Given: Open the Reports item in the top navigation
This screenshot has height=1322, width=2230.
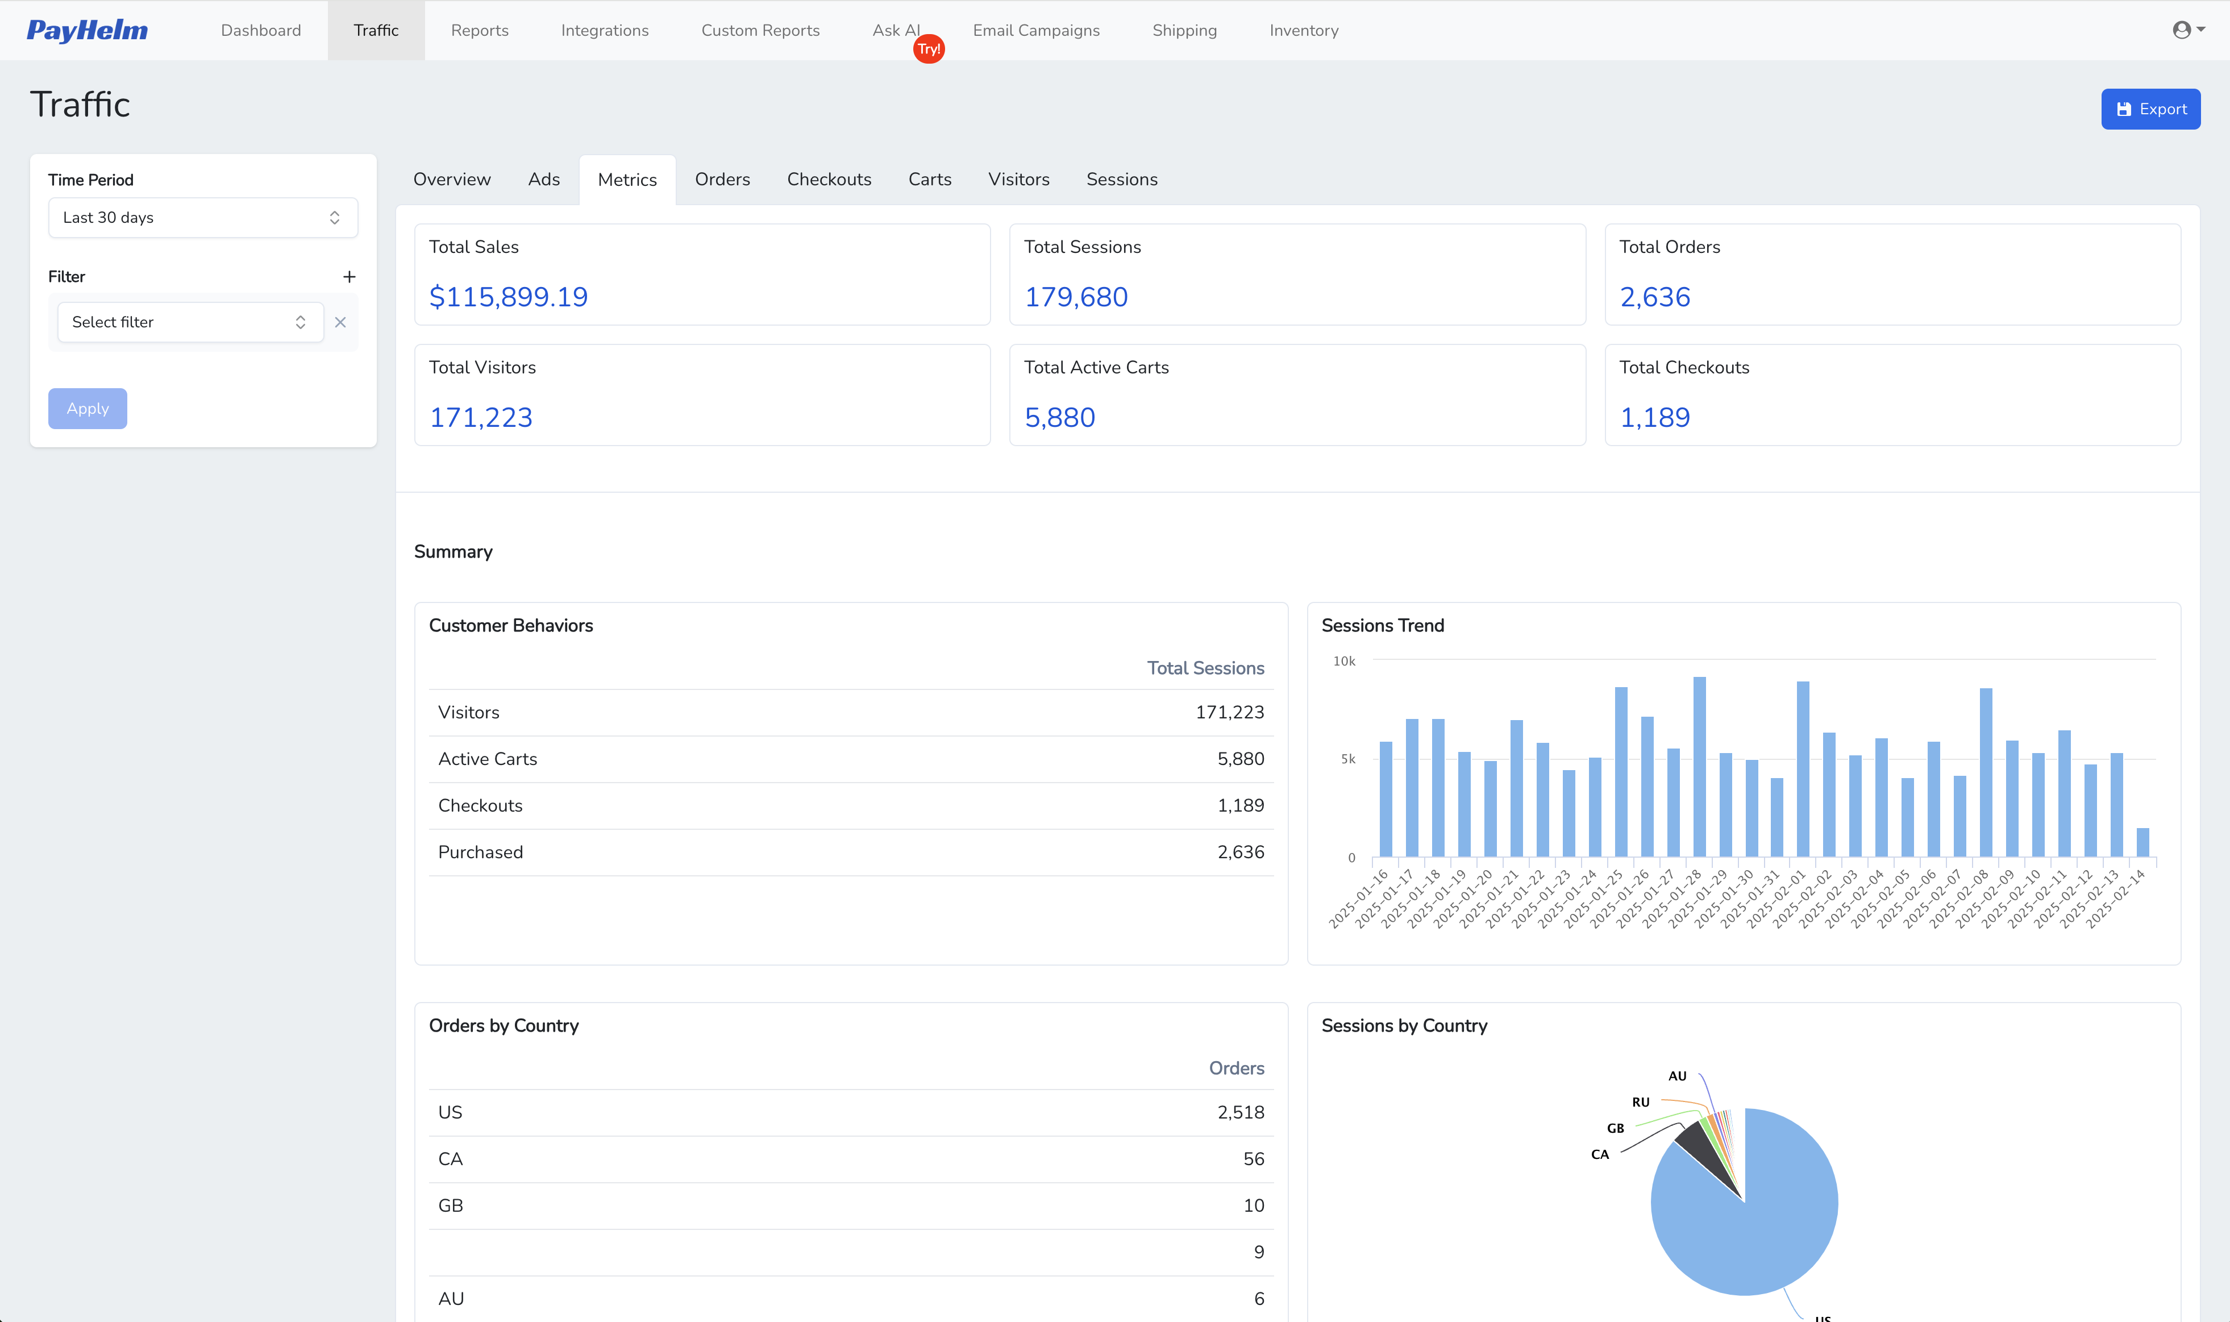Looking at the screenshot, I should pyautogui.click(x=479, y=30).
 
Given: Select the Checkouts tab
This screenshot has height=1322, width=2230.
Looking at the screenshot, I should pyautogui.click(x=828, y=179).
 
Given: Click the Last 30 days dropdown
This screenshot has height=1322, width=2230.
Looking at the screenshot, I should pyautogui.click(x=203, y=217).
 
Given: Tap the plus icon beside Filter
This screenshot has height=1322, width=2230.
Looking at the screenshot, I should pyautogui.click(x=349, y=277).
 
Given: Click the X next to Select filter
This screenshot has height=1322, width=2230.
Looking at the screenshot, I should pyautogui.click(x=340, y=322).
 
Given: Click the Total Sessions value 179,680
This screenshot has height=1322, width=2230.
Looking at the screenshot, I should pyautogui.click(x=1076, y=297).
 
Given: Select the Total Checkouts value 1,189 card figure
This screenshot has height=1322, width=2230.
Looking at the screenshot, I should pyautogui.click(x=1654, y=417).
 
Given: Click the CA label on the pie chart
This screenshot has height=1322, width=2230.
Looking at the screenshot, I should pyautogui.click(x=1599, y=1154).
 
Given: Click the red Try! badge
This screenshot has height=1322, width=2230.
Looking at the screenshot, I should pyautogui.click(x=929, y=49).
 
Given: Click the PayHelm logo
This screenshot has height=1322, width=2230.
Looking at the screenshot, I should pyautogui.click(x=88, y=30).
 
